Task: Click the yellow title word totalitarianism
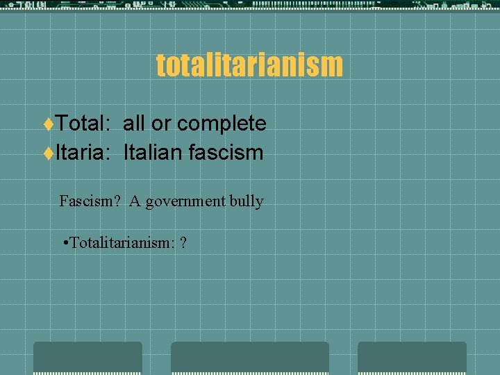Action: click(249, 65)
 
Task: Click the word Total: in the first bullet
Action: click(82, 124)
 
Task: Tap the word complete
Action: click(222, 124)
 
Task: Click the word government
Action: click(185, 202)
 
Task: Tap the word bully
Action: click(247, 202)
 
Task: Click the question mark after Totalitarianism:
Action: click(183, 243)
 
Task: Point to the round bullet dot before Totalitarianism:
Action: click(64, 244)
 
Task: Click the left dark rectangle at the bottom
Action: click(87, 358)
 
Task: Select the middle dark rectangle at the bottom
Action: click(250, 358)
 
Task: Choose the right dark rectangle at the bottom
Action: click(412, 358)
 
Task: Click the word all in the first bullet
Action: click(135, 124)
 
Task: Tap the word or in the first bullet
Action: click(161, 124)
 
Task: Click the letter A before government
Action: click(135, 201)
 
